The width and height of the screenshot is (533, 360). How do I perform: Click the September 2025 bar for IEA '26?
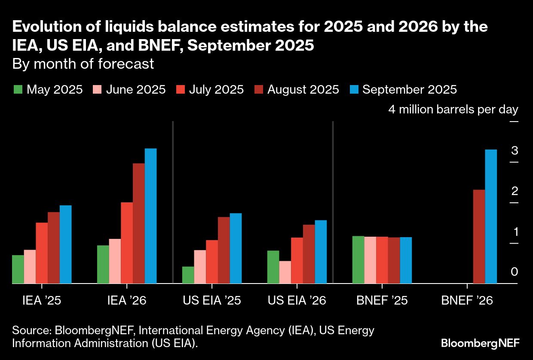(x=150, y=216)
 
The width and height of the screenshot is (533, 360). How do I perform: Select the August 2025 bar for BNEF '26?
(x=479, y=236)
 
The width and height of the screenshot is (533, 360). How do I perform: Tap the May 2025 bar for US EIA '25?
(x=188, y=275)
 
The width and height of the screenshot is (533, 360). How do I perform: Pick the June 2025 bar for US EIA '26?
(x=285, y=272)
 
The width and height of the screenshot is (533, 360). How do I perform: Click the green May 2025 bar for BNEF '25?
(x=358, y=259)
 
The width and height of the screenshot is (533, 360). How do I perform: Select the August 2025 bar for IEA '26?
(x=138, y=223)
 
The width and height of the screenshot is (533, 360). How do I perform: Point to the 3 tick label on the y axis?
(x=515, y=151)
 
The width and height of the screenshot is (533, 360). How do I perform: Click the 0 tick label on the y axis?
(x=515, y=272)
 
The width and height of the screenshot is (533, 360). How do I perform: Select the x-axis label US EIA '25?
(x=212, y=300)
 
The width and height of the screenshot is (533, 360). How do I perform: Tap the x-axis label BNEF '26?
(x=467, y=300)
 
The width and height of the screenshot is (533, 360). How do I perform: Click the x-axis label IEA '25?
(x=42, y=300)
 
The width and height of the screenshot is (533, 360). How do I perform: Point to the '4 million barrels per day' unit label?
(x=453, y=109)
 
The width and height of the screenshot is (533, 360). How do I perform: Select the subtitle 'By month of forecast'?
(x=83, y=64)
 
